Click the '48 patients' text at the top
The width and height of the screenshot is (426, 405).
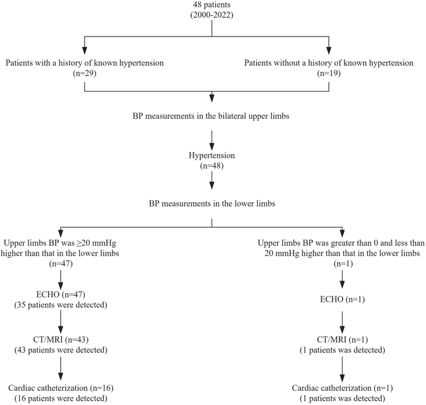tap(212, 6)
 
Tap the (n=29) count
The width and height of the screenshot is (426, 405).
tap(83, 74)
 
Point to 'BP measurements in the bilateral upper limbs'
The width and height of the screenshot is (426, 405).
tap(212, 115)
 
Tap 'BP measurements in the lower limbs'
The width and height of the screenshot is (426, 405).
tap(212, 202)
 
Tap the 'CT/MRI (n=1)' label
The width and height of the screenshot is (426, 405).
tap(342, 342)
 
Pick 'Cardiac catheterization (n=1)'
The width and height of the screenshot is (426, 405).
tap(342, 388)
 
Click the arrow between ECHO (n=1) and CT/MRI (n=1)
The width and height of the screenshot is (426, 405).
tap(342, 322)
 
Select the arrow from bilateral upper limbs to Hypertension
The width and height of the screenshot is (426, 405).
tap(212, 137)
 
